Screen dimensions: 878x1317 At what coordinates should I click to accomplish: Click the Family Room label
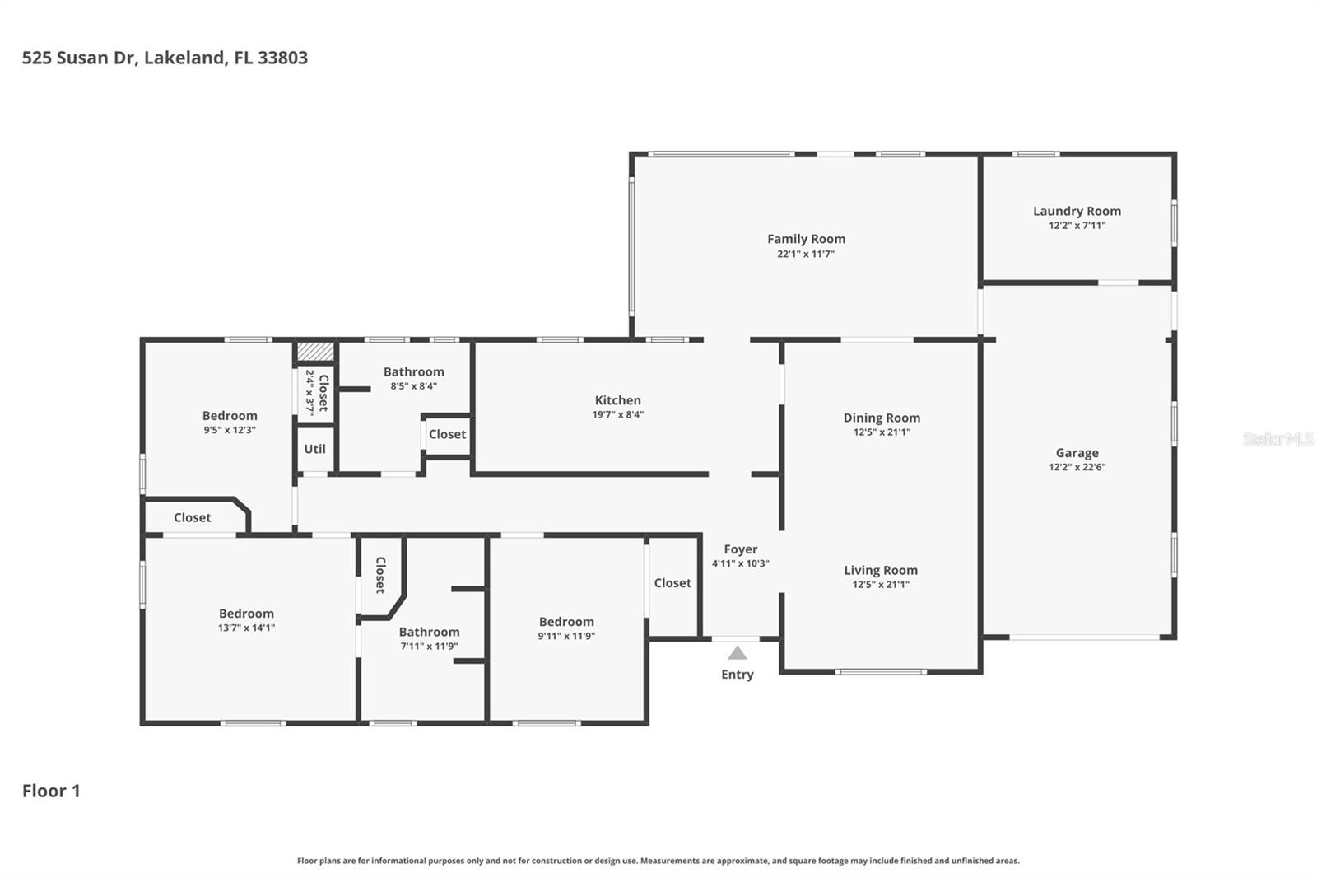pos(806,239)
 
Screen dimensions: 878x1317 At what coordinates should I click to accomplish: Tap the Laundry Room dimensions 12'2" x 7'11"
pos(1077,226)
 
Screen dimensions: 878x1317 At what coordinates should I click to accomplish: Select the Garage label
pos(1077,452)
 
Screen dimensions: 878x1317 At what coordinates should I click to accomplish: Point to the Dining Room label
pos(882,418)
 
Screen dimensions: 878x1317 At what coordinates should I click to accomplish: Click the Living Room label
pos(880,570)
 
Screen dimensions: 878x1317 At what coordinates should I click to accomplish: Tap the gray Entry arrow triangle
pos(738,654)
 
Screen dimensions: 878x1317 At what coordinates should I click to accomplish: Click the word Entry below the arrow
pos(738,675)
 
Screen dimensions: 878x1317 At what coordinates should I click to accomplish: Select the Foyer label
pos(740,549)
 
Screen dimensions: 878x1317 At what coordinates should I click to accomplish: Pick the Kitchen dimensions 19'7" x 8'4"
pos(617,415)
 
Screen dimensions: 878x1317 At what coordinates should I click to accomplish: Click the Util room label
pos(314,449)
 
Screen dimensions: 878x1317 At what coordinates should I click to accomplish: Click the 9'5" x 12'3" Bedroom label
pos(230,416)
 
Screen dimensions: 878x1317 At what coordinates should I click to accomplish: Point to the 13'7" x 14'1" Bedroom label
pos(246,614)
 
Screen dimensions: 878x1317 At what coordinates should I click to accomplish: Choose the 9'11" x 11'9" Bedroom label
pos(566,622)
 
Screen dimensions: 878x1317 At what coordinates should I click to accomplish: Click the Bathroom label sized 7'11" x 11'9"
pos(429,633)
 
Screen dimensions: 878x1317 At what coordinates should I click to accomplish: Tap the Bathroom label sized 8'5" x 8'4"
pos(413,372)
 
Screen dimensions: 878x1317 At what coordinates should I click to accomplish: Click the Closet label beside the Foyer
pos(672,583)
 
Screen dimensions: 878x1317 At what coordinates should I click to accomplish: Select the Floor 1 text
pos(51,791)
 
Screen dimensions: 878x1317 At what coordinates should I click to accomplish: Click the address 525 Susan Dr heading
pos(165,58)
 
